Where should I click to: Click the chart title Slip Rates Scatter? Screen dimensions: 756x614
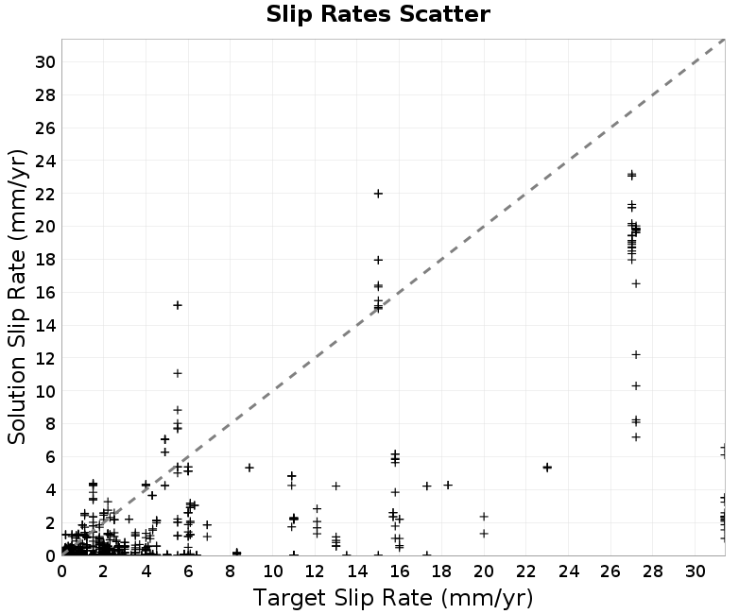[x=378, y=14]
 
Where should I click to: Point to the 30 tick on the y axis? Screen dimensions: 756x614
[x=45, y=61]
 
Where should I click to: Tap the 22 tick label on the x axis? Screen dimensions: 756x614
[x=526, y=571]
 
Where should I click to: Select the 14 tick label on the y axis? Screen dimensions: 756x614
[x=45, y=325]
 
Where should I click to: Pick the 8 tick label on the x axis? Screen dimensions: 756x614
[x=230, y=571]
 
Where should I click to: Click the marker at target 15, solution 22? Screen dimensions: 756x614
[x=379, y=194]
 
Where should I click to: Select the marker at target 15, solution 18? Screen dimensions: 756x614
[x=379, y=261]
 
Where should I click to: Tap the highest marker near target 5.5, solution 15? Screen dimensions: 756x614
[x=178, y=305]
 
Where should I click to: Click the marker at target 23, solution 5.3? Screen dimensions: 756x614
[x=547, y=468]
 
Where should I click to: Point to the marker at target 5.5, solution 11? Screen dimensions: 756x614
[x=178, y=373]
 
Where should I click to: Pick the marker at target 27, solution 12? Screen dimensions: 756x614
[x=636, y=355]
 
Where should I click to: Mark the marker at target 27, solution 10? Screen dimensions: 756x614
[x=636, y=386]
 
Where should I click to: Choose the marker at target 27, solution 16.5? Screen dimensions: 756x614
[x=636, y=284]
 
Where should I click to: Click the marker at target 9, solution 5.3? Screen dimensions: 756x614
[x=249, y=468]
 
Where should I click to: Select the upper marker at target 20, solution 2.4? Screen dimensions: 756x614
[x=484, y=517]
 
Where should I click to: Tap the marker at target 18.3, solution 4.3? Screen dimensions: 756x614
[x=448, y=485]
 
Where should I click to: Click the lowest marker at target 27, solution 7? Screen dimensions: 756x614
[x=636, y=437]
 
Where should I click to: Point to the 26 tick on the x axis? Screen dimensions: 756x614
[x=610, y=571]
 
